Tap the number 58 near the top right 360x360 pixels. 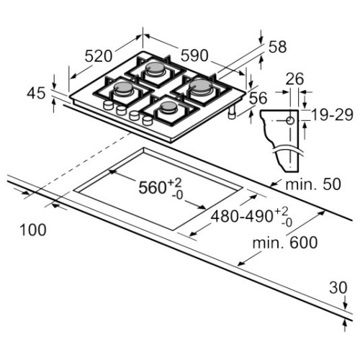tap(276, 48)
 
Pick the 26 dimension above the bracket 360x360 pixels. tap(293, 79)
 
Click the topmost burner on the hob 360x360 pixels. tap(155, 70)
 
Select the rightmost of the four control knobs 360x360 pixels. tap(148, 121)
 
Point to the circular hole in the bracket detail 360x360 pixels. tap(289, 120)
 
